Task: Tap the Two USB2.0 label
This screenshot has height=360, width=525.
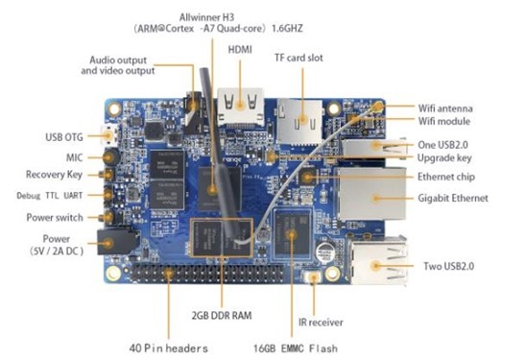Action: coord(451,266)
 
